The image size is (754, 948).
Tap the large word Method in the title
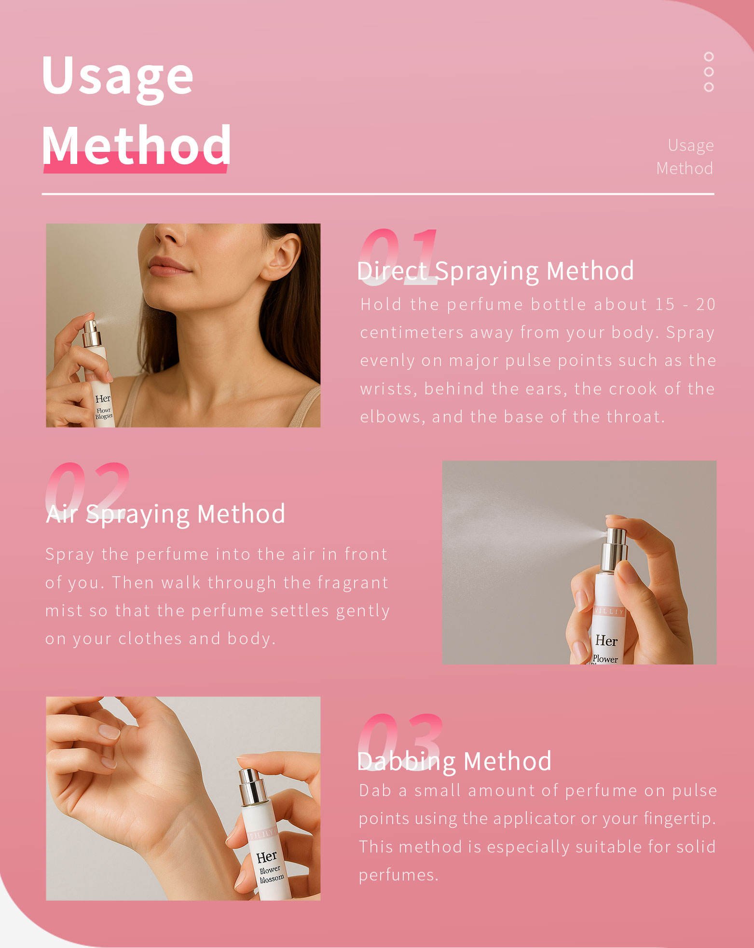pyautogui.click(x=137, y=144)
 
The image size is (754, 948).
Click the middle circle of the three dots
pyautogui.click(x=708, y=71)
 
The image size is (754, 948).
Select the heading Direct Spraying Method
pyautogui.click(x=495, y=271)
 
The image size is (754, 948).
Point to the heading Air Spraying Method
pyautogui.click(x=165, y=514)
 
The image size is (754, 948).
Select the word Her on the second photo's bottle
pyautogui.click(x=606, y=641)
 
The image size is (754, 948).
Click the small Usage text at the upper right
pyautogui.click(x=690, y=145)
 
